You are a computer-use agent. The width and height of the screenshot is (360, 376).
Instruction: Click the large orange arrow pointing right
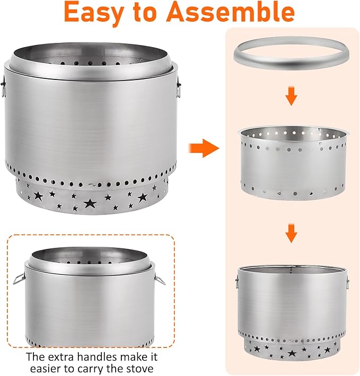(204, 148)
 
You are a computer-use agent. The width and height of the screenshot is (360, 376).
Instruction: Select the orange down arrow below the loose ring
(292, 96)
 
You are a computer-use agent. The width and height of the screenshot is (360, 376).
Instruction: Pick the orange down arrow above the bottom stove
(292, 234)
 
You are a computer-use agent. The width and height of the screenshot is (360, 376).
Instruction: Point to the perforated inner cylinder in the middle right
(293, 163)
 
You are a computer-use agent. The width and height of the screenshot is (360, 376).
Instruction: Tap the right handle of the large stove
(179, 87)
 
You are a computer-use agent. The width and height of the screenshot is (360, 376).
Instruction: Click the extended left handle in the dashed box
(19, 279)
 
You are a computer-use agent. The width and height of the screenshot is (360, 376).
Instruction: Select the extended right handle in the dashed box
(160, 280)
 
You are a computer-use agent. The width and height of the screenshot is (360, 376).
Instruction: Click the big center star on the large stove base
(90, 203)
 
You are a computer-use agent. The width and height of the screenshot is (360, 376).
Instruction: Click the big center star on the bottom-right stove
(292, 353)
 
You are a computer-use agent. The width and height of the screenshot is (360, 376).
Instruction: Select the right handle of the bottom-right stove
(347, 282)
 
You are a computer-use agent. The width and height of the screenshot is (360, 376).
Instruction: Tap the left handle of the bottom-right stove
(237, 282)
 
